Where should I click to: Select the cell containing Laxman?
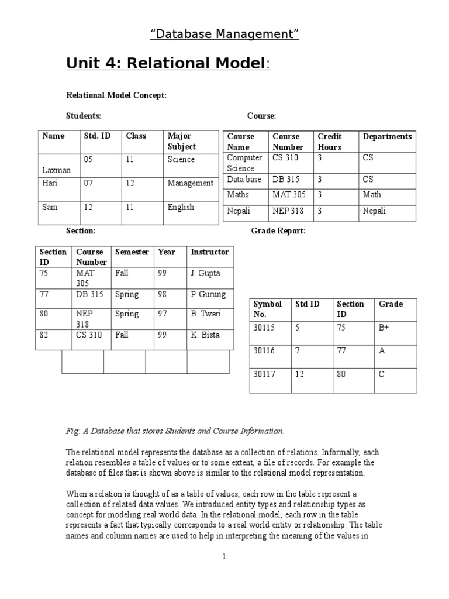56,170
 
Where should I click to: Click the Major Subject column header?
182,141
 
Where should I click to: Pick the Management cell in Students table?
190,183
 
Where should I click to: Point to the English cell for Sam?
181,207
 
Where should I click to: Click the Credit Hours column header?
330,142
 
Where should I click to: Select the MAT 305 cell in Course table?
289,195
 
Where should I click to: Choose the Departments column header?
387,136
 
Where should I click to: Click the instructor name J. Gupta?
205,273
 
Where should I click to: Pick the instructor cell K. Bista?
205,335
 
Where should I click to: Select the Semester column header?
132,252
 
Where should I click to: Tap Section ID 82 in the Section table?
44,335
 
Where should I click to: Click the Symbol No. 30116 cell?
264,350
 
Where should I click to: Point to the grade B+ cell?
384,328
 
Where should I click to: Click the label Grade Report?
278,231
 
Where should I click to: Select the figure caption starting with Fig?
175,431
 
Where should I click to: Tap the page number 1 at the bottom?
224,556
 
